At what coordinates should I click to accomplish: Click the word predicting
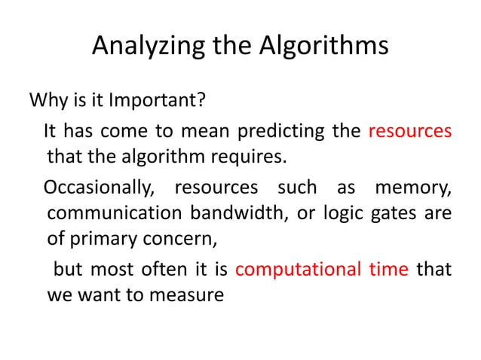pos(281,131)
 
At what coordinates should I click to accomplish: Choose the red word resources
pos(410,131)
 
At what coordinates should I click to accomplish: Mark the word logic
pos(343,214)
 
